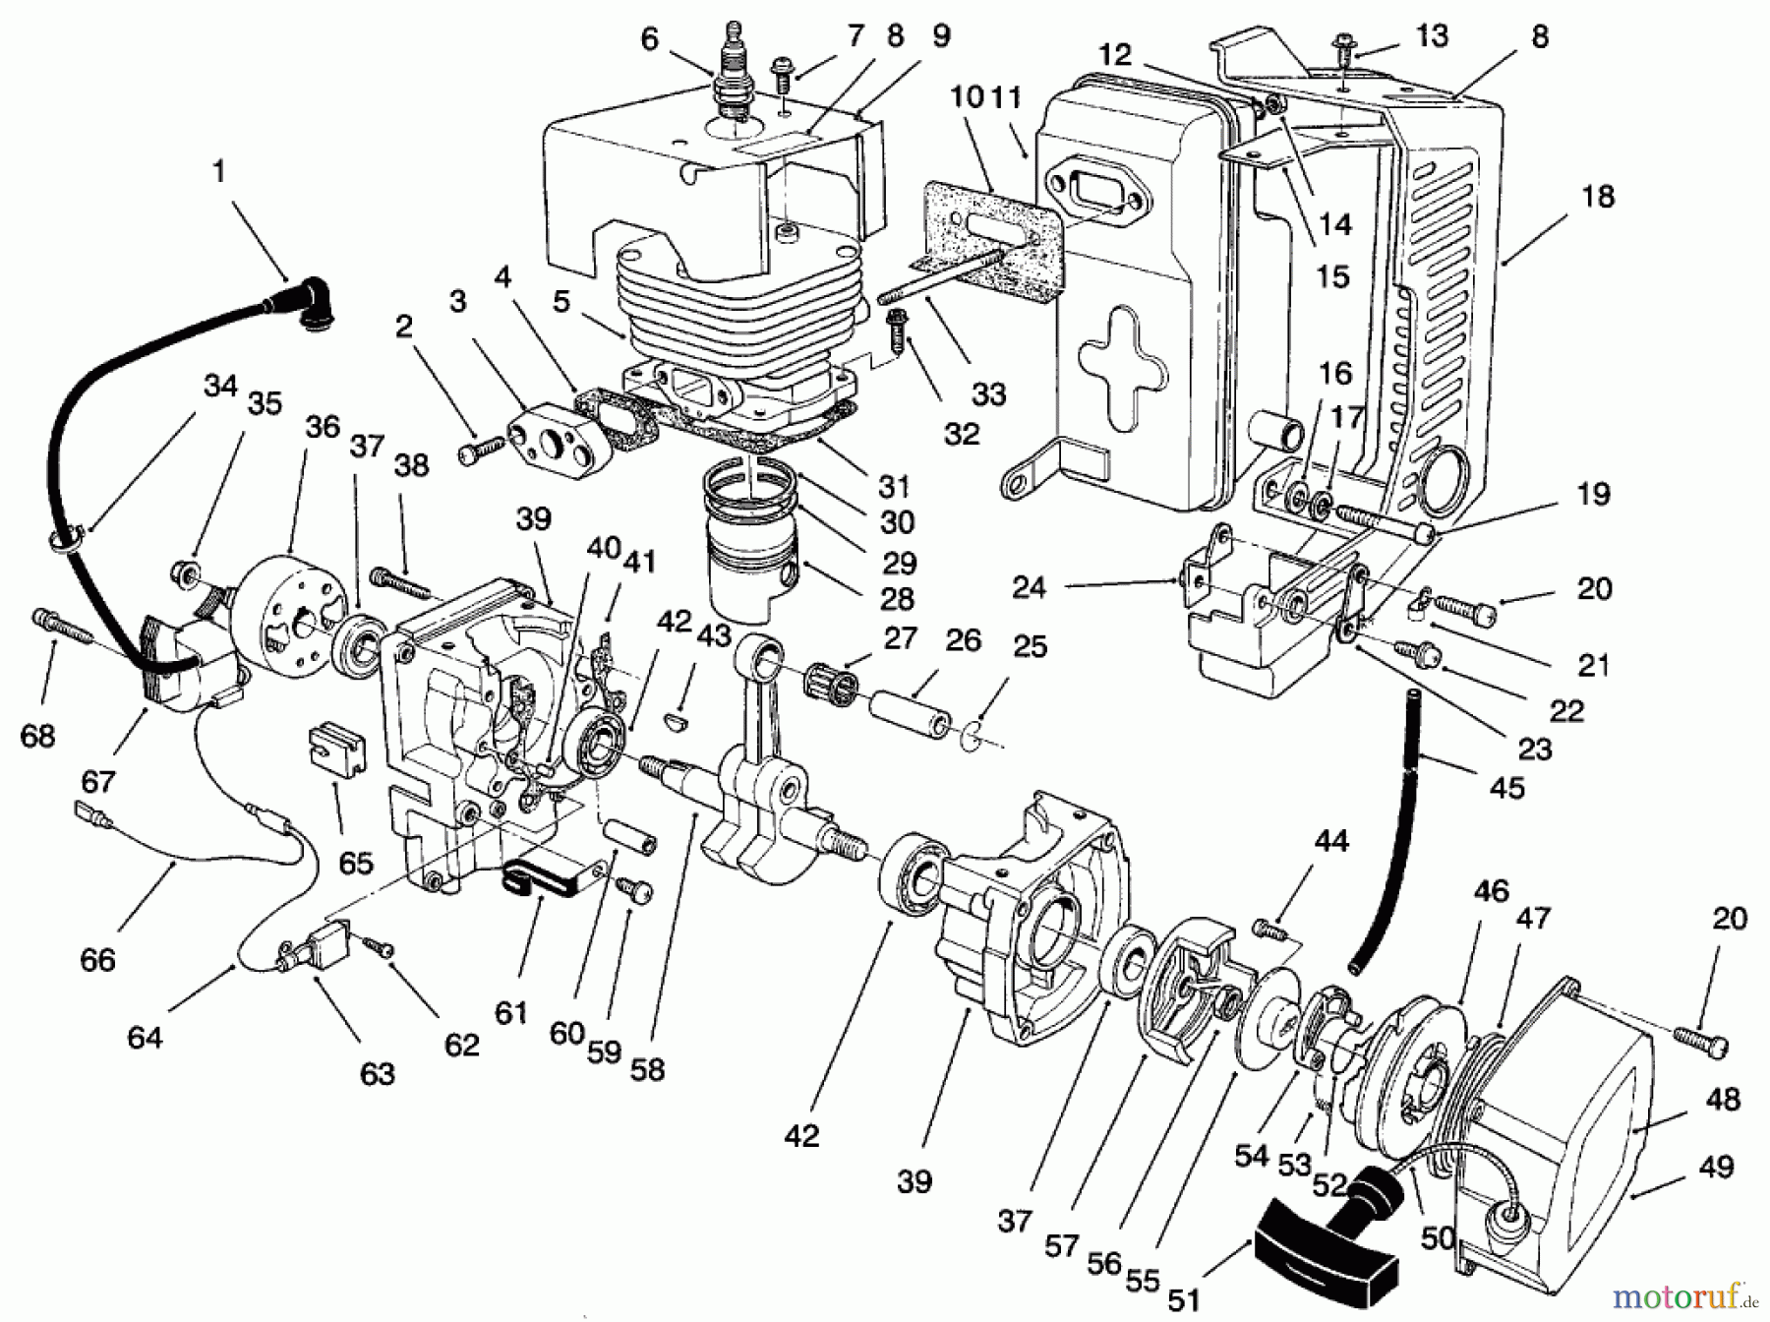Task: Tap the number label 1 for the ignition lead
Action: tap(218, 171)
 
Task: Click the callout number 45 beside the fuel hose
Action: tap(1506, 787)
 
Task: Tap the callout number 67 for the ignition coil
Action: tap(97, 782)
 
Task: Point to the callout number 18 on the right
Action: tap(1598, 197)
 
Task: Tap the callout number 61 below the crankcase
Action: tap(511, 1010)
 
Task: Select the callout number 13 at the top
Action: tap(1431, 36)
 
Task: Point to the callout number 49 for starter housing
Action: tap(1715, 1168)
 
